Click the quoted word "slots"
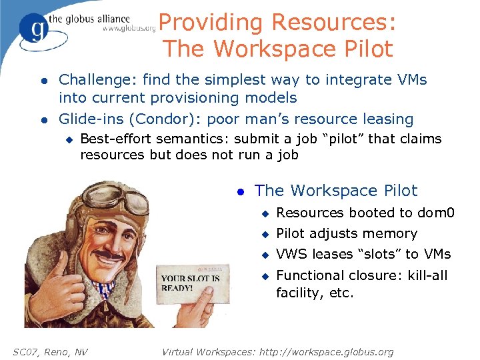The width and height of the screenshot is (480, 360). pos(368,254)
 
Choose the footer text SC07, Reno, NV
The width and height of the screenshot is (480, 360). pos(50,351)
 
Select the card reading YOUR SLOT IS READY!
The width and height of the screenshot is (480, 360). pos(193,283)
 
